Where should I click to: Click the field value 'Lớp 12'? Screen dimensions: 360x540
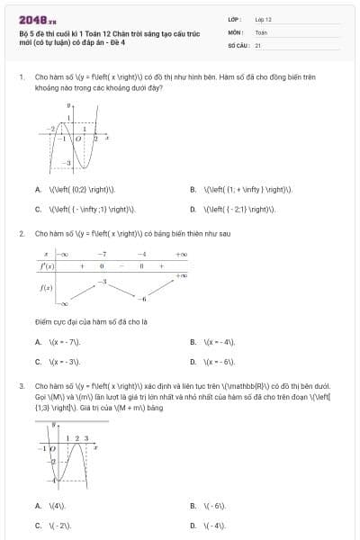(263, 18)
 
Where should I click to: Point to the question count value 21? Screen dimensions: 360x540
(258, 44)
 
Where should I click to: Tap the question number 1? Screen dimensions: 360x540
(21, 77)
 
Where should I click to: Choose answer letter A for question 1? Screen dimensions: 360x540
(38, 190)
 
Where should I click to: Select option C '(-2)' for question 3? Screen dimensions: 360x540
(59, 525)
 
